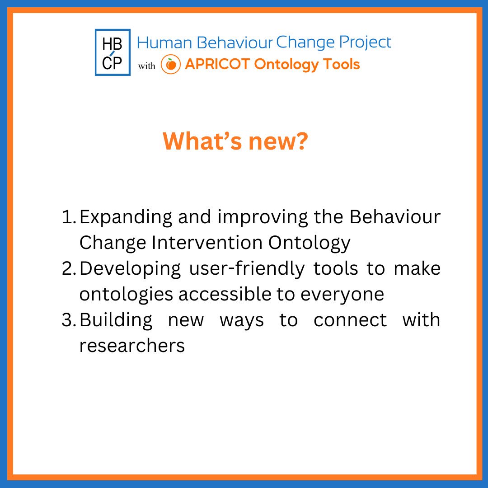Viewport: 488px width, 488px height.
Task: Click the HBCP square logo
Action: point(113,52)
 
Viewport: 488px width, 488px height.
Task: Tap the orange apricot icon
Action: point(171,65)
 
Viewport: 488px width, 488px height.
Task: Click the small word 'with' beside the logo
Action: point(146,66)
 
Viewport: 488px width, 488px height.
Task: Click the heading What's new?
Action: point(235,141)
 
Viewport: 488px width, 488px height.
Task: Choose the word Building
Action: point(116,320)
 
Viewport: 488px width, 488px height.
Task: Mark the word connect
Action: point(350,320)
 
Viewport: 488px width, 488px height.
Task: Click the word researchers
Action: point(132,346)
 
